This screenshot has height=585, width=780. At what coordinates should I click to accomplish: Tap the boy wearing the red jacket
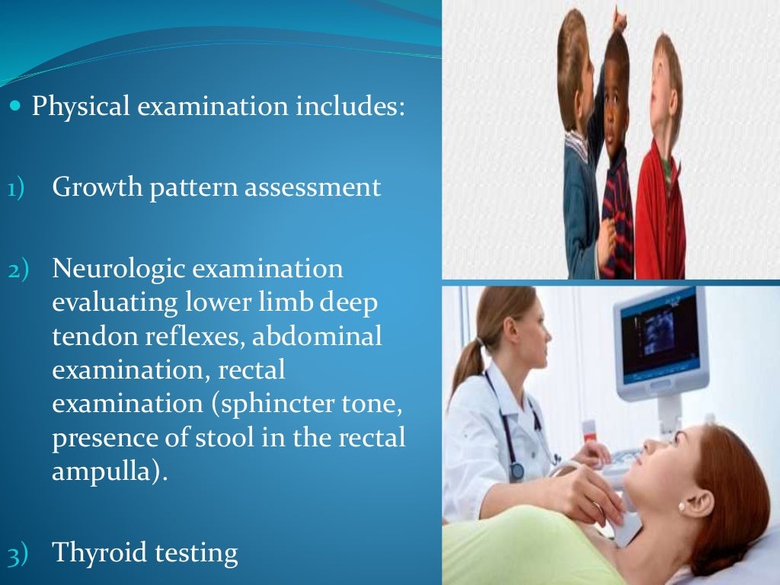[661, 190]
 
